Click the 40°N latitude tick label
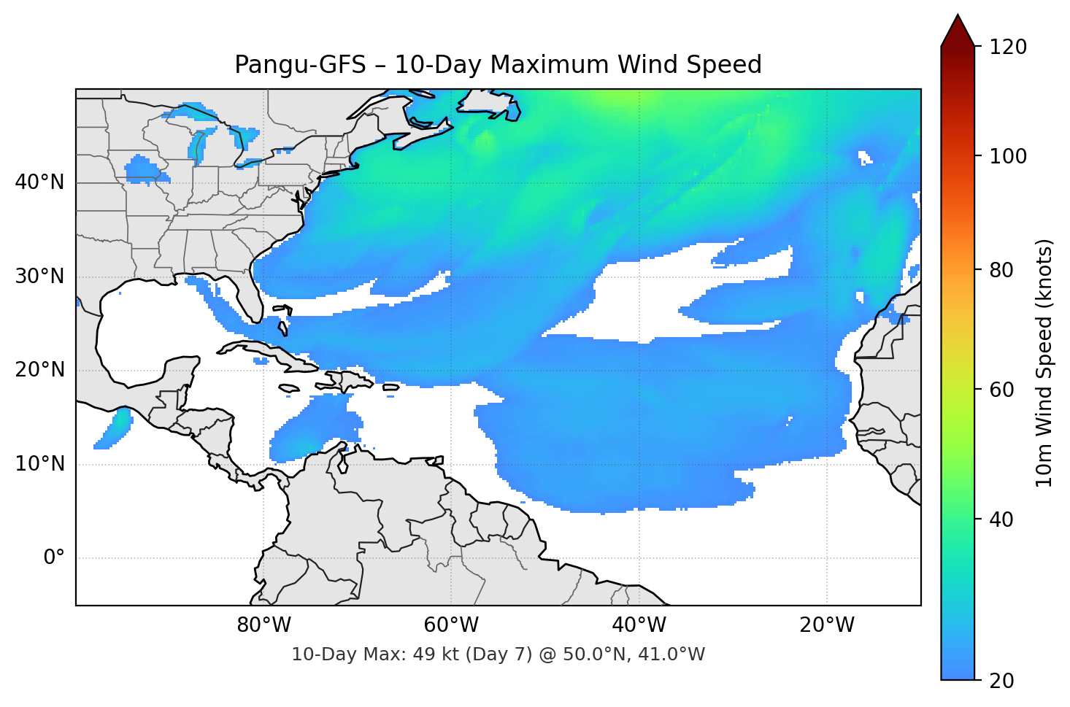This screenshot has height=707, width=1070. point(39,182)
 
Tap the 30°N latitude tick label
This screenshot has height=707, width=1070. point(39,277)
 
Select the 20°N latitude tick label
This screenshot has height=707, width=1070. point(39,370)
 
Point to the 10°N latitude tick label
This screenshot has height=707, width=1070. point(39,464)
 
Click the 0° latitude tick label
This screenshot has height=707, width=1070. point(54,558)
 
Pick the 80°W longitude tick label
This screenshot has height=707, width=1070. point(263,625)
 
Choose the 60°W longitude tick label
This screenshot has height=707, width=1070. point(451,625)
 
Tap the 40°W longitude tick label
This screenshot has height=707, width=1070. point(639,625)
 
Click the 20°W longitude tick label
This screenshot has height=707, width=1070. point(826,625)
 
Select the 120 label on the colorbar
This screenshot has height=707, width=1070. point(1008,47)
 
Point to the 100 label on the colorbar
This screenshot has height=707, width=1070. point(1008,156)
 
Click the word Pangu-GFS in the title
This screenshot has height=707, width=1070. point(300,65)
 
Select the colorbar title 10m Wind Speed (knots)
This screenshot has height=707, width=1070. point(1044,363)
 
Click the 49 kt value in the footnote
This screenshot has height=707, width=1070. point(423,654)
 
